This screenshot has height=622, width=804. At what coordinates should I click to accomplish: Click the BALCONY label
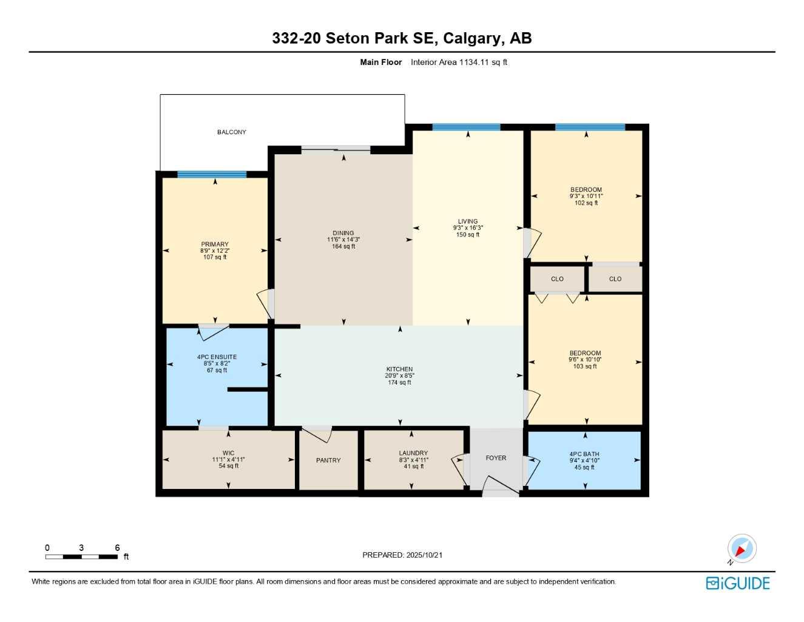[x=232, y=132]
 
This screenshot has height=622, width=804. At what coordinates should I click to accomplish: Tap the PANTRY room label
[x=328, y=460]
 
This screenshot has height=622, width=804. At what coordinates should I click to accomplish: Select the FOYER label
[x=496, y=458]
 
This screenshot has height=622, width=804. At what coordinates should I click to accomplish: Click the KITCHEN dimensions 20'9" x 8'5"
[x=400, y=376]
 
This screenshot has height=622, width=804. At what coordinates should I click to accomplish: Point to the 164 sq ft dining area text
[x=343, y=247]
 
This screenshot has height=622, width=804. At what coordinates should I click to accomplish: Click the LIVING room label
[x=468, y=222]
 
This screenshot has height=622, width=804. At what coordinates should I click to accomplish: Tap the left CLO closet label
[x=557, y=279]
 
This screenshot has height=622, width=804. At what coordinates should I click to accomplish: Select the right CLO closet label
[x=615, y=279]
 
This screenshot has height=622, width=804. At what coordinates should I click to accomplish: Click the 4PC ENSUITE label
[x=217, y=357]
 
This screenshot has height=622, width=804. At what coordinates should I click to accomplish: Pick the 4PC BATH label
[x=584, y=454]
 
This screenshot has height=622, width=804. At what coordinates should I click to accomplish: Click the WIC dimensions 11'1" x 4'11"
[x=228, y=460]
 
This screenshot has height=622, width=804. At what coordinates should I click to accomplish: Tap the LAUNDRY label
[x=413, y=453]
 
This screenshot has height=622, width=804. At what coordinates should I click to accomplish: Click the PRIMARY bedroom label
[x=215, y=244]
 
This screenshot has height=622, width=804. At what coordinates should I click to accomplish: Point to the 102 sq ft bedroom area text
[x=586, y=203]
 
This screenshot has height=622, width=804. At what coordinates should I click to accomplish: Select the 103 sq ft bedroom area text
[x=585, y=366]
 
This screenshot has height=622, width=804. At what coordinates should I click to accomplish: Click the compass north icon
[x=741, y=549]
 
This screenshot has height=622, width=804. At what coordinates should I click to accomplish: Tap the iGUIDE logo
[x=738, y=583]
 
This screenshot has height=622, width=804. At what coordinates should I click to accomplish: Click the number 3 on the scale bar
[x=81, y=548]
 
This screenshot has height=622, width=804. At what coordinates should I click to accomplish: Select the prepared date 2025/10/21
[x=424, y=555]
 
